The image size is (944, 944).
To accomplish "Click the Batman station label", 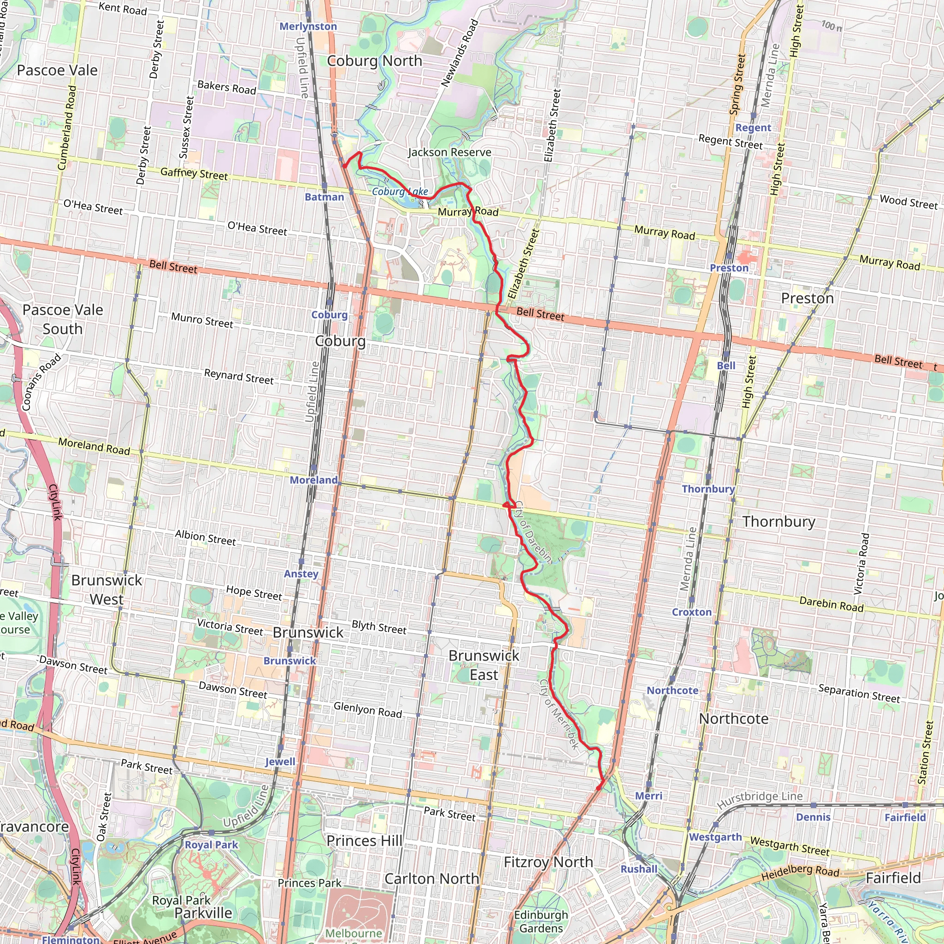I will [324, 197].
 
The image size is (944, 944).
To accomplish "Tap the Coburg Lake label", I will [400, 192].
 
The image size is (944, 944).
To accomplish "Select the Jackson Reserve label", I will [449, 153].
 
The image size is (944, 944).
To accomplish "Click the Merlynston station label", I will [308, 26].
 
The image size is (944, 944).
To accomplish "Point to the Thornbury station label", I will [708, 489].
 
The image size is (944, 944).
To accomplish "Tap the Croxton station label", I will [691, 612].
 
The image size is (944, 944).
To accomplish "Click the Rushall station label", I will [638, 869].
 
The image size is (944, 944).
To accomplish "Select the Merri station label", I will [649, 796].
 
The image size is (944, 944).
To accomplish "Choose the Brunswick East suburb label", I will [484, 665].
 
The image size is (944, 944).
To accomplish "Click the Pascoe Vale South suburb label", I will [63, 319].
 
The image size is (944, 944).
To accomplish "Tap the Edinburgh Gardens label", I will [541, 921].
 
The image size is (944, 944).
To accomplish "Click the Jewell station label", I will [280, 761].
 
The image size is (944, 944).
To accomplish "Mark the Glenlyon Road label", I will [367, 709].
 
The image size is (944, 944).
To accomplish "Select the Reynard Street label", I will [238, 376].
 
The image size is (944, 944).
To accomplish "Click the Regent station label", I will [753, 128].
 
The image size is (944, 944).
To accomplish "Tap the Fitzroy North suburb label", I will [548, 862].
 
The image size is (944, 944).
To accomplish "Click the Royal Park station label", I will [211, 845].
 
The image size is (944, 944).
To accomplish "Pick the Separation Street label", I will [858, 693].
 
